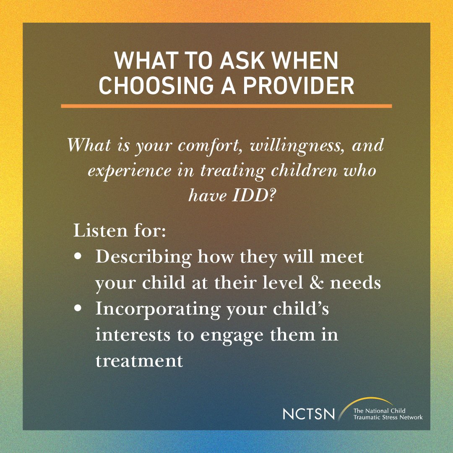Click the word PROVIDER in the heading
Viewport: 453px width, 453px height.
[x=299, y=85]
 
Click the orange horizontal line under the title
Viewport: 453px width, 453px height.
[x=226, y=106]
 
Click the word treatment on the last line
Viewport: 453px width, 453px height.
[x=139, y=361]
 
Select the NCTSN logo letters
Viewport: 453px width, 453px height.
[x=309, y=414]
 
